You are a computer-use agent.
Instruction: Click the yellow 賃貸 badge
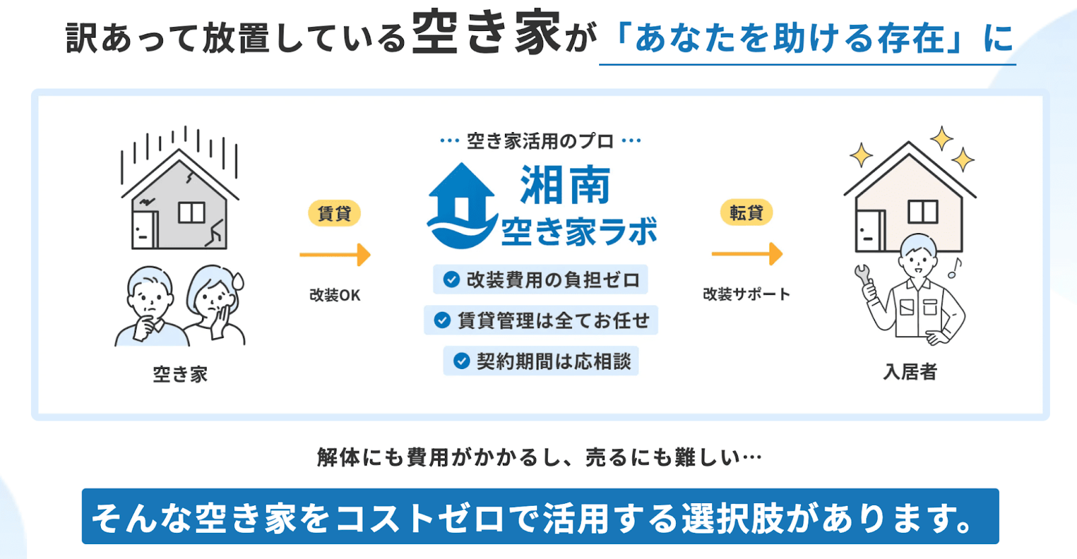point(334,213)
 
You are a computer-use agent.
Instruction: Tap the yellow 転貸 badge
point(746,212)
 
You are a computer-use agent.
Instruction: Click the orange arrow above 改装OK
point(335,255)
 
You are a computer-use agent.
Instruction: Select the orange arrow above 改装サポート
point(747,253)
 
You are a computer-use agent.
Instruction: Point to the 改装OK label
point(335,295)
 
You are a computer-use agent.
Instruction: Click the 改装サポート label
point(746,294)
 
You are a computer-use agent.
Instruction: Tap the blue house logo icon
point(462,206)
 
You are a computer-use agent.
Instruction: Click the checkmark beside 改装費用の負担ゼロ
point(451,279)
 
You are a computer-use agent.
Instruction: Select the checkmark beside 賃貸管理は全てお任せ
point(442,320)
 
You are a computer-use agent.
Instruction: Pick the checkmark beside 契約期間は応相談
point(462,361)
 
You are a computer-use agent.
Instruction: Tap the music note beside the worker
point(954,268)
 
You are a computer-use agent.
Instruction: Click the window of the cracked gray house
point(192,213)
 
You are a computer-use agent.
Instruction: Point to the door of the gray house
point(144,230)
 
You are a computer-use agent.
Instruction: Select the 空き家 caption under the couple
point(180,374)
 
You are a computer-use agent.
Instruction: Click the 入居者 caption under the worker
point(910,372)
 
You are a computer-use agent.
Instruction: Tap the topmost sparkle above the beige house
point(942,138)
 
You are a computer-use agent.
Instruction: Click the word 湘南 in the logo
point(565,185)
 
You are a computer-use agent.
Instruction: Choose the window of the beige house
point(923,211)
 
